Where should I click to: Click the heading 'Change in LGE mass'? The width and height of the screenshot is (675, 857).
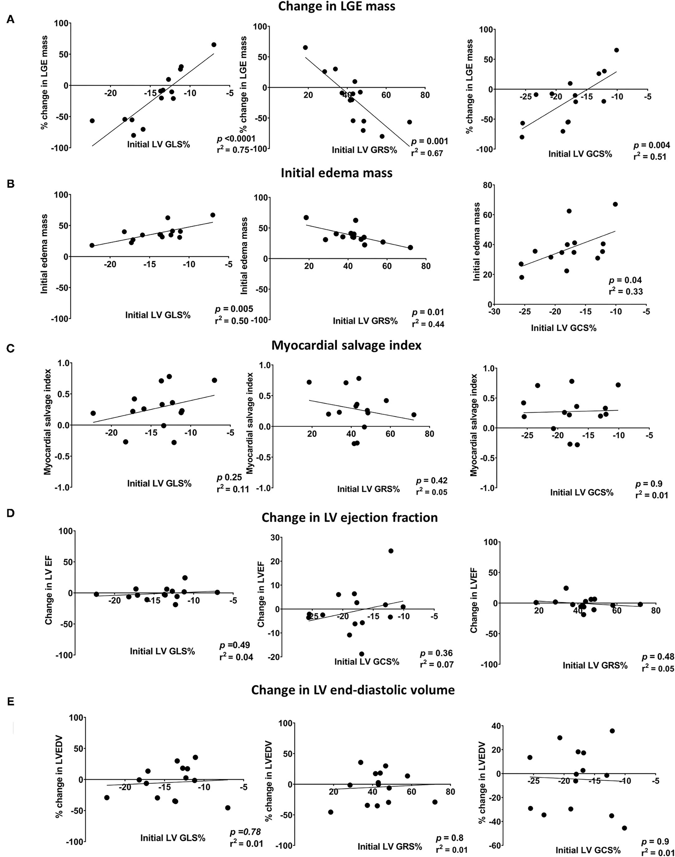click(337, 7)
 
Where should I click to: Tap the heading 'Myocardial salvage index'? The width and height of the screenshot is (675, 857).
click(346, 345)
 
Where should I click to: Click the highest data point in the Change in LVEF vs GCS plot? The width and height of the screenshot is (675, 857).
click(391, 551)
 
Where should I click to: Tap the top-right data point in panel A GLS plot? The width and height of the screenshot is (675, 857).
click(214, 45)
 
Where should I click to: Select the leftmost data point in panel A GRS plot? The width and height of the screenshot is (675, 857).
click(305, 47)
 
